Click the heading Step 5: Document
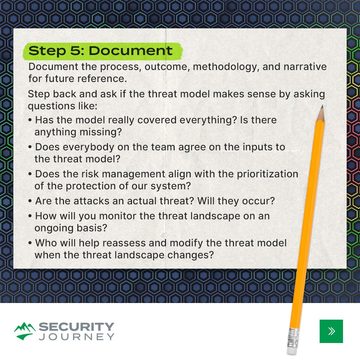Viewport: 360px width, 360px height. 101,51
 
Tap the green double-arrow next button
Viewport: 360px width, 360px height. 331,331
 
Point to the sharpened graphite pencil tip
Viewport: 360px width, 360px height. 322,107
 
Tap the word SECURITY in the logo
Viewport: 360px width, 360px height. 76,327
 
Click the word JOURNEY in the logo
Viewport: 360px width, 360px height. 76,337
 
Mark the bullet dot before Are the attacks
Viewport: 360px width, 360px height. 30,201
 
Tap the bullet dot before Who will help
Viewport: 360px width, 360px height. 30,243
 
